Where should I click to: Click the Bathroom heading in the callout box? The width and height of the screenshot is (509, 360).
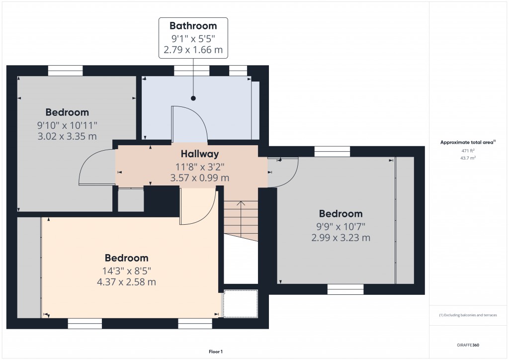(x=193, y=26)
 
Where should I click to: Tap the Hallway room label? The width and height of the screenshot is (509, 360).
(x=200, y=154)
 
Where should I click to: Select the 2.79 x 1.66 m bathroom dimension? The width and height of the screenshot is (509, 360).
(x=193, y=50)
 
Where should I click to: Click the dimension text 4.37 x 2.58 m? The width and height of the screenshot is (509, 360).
(x=126, y=282)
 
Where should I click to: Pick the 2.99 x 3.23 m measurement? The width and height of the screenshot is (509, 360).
(x=340, y=238)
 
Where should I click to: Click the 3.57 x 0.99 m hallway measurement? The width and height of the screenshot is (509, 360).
(x=200, y=178)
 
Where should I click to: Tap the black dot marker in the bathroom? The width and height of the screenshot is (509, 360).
(x=193, y=98)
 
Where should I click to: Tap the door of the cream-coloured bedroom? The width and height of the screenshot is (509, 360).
(x=199, y=206)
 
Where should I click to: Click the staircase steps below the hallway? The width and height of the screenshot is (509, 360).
(x=241, y=219)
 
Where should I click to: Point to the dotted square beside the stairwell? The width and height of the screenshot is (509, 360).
(x=241, y=303)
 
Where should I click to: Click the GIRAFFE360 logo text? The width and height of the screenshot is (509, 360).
(x=468, y=345)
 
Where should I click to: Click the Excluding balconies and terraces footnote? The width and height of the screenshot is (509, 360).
(x=468, y=315)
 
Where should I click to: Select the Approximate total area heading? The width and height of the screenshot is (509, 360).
(x=467, y=142)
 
